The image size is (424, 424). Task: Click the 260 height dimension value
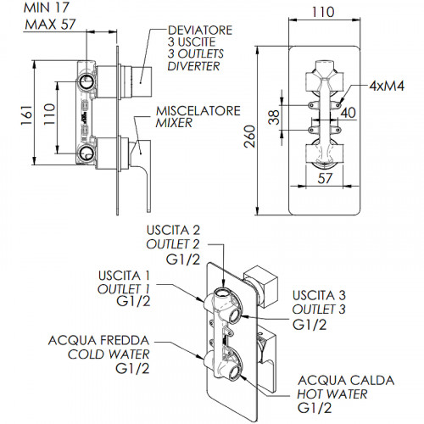(x=249, y=137)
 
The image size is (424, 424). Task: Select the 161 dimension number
(x=26, y=115)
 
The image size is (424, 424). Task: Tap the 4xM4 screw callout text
(x=387, y=86)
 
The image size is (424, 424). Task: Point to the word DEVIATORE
(x=200, y=31)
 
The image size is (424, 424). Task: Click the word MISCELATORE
(x=198, y=111)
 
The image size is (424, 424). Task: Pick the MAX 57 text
(x=50, y=25)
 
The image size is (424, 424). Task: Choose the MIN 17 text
(x=47, y=8)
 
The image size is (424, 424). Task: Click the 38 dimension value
(x=274, y=117)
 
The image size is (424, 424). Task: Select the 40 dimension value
(x=348, y=113)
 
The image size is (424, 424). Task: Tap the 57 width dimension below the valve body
(x=325, y=178)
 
